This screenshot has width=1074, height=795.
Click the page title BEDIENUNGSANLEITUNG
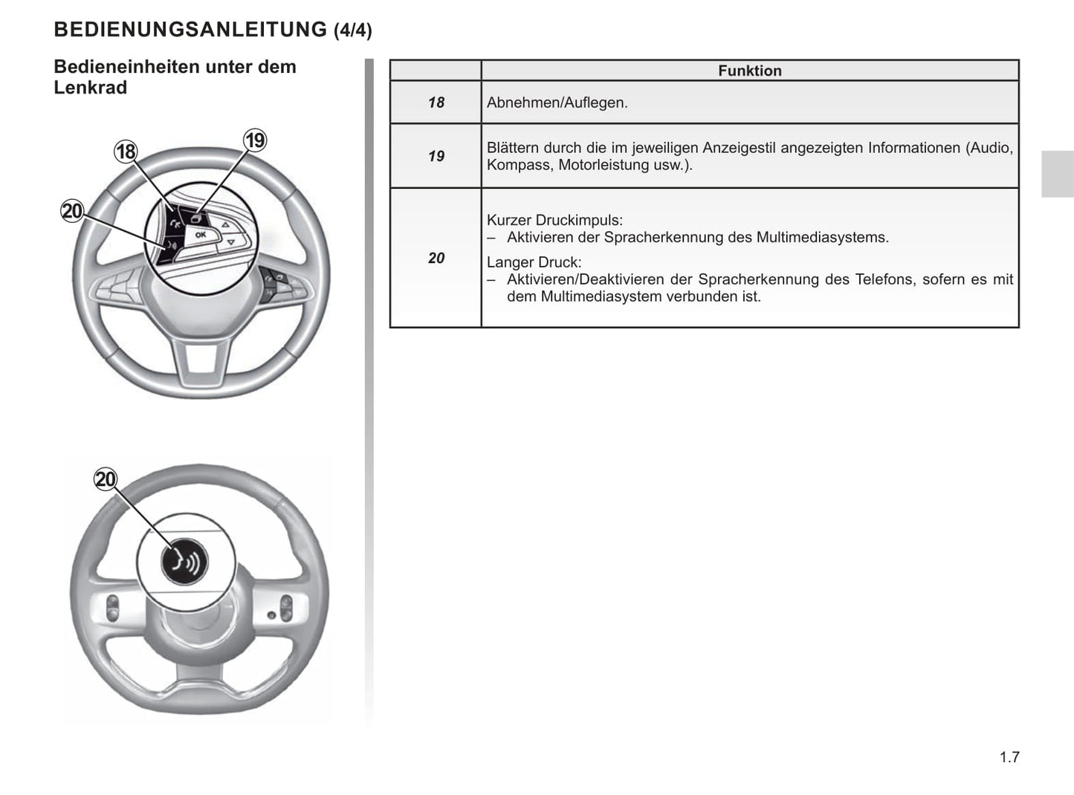[190, 30]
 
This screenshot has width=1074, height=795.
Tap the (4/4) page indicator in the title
[353, 30]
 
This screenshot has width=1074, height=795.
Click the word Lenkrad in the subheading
[90, 88]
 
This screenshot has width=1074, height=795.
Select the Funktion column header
[749, 71]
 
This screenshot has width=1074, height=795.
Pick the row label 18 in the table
[436, 103]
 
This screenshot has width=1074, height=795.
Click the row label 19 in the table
[436, 156]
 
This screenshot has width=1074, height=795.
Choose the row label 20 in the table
[436, 258]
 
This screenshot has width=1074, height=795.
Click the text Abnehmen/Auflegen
[557, 103]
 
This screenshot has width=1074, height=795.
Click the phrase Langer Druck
[534, 262]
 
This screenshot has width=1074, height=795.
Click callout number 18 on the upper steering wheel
[126, 152]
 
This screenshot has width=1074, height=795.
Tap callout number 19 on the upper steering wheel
[255, 140]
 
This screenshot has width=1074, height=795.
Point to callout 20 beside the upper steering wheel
[72, 211]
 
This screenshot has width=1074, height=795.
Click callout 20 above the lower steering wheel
[106, 479]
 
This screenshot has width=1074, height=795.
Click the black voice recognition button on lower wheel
[184, 561]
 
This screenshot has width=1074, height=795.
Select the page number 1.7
[1009, 757]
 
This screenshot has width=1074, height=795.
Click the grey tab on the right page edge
[1057, 174]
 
